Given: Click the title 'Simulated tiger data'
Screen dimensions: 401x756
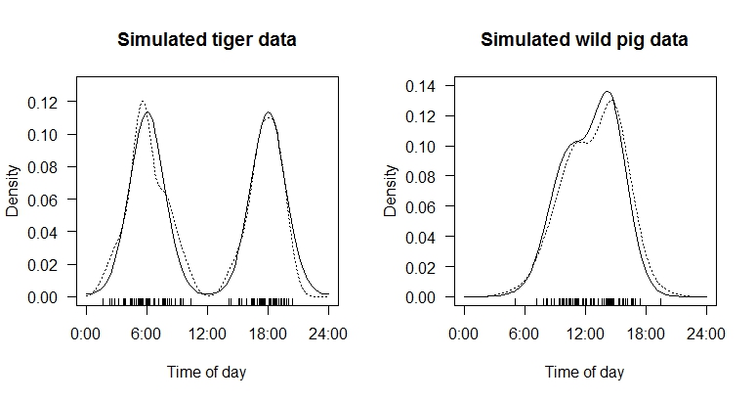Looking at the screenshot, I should [x=207, y=40].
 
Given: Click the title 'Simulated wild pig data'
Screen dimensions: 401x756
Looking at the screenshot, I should [x=584, y=40].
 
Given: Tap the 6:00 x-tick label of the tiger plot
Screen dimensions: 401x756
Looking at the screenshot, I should [x=147, y=334].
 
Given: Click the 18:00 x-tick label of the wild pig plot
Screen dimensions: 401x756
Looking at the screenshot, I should [x=645, y=334].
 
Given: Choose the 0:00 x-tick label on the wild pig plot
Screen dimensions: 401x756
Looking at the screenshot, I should [x=463, y=334].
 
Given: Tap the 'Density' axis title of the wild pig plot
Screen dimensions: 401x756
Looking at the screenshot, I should [x=391, y=191].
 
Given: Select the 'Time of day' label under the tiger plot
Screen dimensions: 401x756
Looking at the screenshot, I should [x=207, y=372].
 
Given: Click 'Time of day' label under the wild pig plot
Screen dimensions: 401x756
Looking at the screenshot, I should [x=584, y=372].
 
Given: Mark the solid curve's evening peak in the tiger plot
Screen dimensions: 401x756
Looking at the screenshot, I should [x=268, y=112].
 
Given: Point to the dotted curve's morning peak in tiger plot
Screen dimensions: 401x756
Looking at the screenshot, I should [x=143, y=101].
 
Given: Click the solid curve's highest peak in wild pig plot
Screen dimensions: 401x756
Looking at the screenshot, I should [x=608, y=92].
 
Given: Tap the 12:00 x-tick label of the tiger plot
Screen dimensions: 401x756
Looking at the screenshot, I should [x=207, y=334].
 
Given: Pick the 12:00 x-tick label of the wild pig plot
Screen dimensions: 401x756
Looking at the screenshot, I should [x=584, y=334].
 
